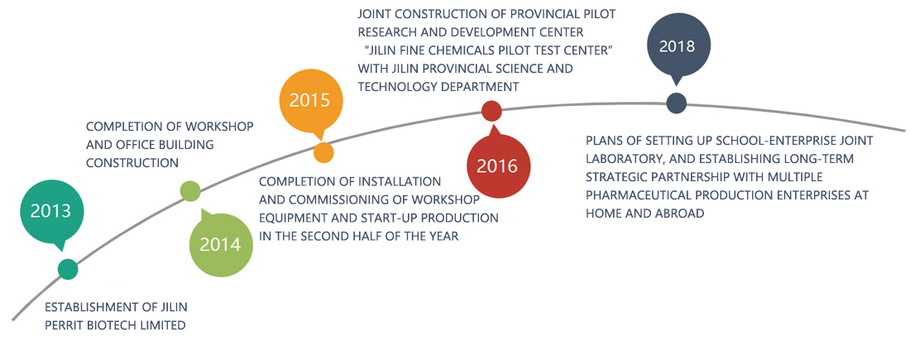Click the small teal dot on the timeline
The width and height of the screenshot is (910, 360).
[x=68, y=269]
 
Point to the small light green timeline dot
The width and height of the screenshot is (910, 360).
[x=190, y=191]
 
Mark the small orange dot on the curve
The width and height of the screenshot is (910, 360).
[x=323, y=152]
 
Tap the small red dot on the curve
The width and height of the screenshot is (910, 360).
[x=491, y=111]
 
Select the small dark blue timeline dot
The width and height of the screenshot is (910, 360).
[x=676, y=103]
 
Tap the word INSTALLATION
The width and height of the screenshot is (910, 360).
[x=388, y=182]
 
